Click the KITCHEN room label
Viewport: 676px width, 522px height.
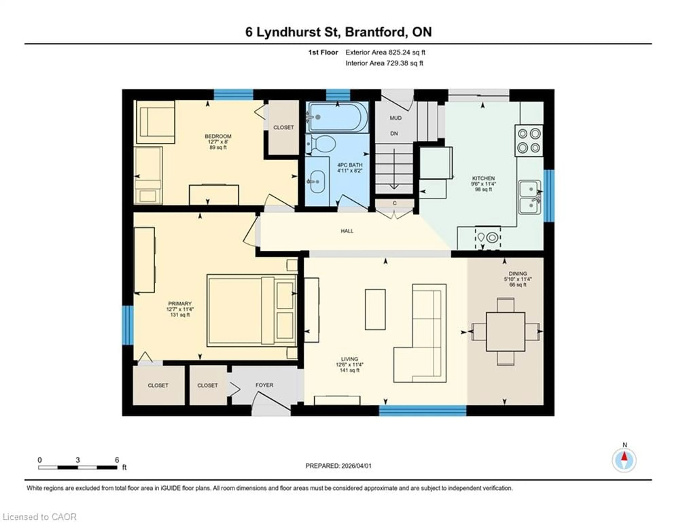483,178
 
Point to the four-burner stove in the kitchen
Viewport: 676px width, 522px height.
529,141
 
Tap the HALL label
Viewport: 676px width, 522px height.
347,231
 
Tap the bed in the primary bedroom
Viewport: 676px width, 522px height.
251,310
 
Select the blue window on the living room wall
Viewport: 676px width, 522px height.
423,410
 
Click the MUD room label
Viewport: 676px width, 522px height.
396,118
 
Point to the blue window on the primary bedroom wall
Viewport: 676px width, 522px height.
127,325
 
